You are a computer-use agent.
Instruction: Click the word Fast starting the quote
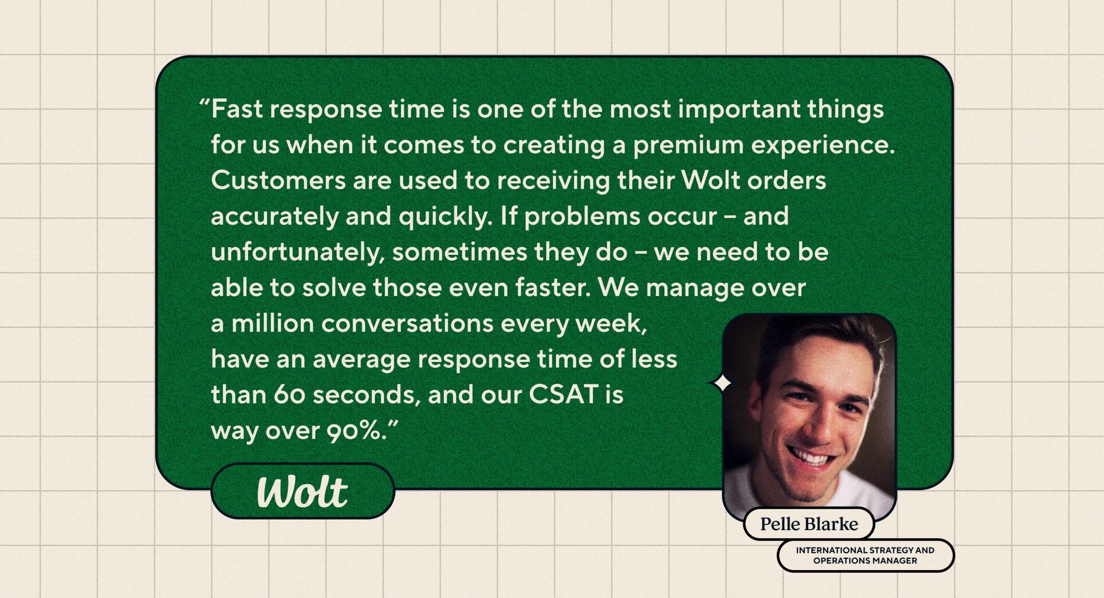pyautogui.click(x=237, y=109)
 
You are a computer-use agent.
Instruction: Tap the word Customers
pyautogui.click(x=278, y=180)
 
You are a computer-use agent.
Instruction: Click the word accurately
pyautogui.click(x=275, y=217)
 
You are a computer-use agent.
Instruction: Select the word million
pyautogui.click(x=273, y=323)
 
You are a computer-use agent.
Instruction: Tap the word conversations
pyautogui.click(x=407, y=323)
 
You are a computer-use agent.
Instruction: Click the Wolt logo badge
pyautogui.click(x=303, y=491)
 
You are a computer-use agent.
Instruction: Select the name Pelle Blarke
pyautogui.click(x=809, y=524)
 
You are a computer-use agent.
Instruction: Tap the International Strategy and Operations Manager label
pyautogui.click(x=865, y=555)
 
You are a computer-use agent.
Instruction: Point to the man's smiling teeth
pyautogui.click(x=811, y=457)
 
